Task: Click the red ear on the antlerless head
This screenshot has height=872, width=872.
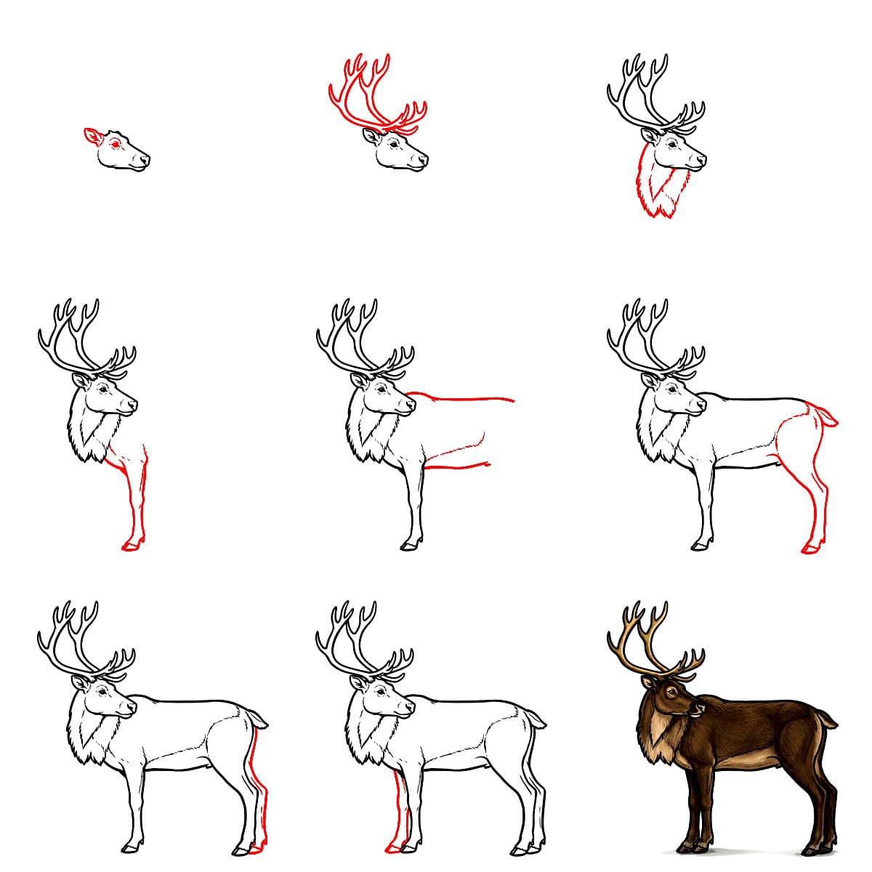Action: [92, 136]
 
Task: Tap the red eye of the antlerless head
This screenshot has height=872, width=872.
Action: [115, 144]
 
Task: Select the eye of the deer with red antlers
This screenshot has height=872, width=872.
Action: [393, 144]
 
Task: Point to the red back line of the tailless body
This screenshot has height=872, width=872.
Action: [465, 398]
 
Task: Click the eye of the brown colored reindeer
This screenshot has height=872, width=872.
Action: [671, 693]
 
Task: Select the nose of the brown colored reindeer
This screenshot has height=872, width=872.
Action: [702, 707]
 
